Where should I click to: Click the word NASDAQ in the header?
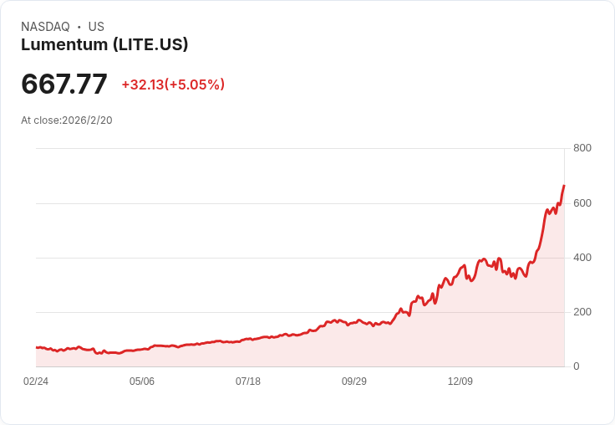[x=45, y=27]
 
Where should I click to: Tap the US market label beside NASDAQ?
[x=96, y=27]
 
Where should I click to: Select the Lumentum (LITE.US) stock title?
[x=104, y=45]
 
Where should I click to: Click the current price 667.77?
[x=64, y=84]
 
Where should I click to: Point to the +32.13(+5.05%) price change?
[x=173, y=84]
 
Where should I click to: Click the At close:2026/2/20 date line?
[x=67, y=120]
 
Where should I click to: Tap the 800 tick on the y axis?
[x=582, y=148]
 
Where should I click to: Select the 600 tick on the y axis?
[x=582, y=203]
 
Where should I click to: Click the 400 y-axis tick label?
[x=582, y=258]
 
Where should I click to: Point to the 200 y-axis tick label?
[x=582, y=312]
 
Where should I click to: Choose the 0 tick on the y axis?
[x=576, y=366]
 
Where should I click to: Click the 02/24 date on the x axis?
[x=36, y=381]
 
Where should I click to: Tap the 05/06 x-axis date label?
[x=142, y=381]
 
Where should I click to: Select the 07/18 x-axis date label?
[x=248, y=381]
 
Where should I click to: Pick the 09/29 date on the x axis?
[x=354, y=381]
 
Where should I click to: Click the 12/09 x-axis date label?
[x=460, y=381]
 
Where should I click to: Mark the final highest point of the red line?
[x=564, y=186]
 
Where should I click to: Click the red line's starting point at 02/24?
[x=37, y=347]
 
